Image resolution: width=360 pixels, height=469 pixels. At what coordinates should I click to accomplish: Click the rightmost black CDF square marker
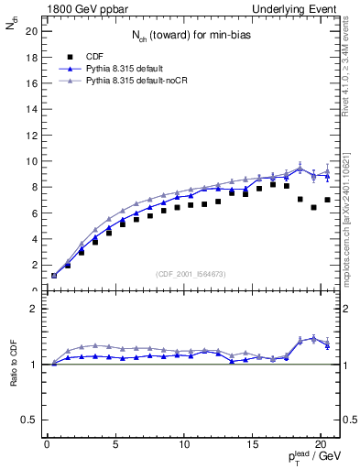tap(327, 200)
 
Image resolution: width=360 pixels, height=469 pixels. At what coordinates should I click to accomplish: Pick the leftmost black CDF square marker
tap(54, 275)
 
